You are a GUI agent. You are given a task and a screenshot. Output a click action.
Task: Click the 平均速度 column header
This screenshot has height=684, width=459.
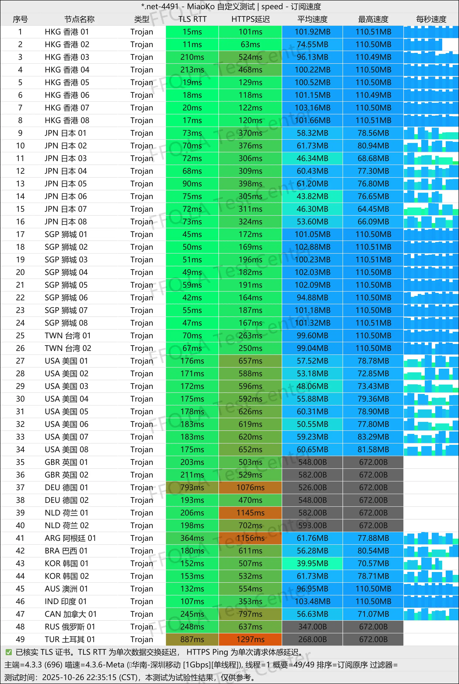312,19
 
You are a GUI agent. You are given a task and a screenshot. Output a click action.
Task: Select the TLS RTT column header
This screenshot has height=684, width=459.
192,19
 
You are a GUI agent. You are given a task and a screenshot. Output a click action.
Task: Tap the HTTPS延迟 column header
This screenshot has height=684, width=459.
250,19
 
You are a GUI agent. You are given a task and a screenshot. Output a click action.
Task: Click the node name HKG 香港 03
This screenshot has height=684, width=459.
67,57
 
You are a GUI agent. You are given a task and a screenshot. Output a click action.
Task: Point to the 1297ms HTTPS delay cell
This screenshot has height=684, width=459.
250,639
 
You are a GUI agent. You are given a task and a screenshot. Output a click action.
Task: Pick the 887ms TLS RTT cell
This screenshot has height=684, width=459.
192,639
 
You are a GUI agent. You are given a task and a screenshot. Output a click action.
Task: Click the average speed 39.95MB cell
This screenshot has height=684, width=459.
312,563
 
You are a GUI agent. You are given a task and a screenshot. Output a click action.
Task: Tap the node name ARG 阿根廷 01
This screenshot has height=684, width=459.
70,538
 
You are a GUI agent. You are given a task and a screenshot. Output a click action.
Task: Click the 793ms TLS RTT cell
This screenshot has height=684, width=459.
192,487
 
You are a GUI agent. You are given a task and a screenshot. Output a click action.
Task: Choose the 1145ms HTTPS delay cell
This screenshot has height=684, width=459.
250,513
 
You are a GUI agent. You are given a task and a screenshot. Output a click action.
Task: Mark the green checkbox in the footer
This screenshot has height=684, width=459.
9,652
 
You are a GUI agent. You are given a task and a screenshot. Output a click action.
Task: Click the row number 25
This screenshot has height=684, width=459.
20,335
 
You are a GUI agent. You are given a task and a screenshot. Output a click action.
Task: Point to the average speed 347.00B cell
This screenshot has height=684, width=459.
312,627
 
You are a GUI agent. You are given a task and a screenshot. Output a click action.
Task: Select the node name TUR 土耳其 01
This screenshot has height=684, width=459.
70,639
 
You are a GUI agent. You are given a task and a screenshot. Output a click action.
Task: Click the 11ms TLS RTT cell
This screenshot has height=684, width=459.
192,45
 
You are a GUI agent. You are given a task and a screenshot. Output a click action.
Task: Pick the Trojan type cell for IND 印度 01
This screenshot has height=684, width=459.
142,602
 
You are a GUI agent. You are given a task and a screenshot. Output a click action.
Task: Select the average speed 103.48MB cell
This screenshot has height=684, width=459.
312,602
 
